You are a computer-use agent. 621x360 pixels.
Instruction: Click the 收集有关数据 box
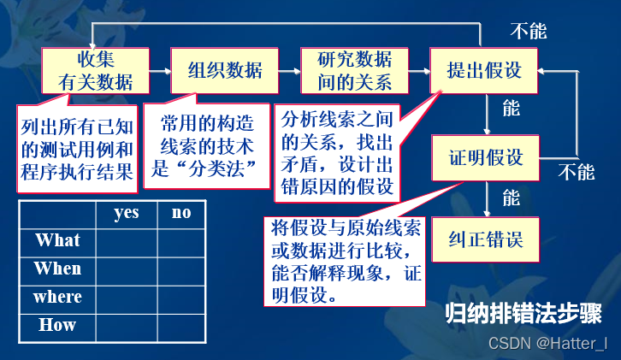coord(94,70)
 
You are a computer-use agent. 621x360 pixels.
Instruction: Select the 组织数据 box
coord(225,70)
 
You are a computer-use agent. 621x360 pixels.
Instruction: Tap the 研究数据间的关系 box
coord(354,70)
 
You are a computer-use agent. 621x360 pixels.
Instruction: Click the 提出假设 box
coord(484,70)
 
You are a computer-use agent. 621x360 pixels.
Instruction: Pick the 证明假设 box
coord(484,159)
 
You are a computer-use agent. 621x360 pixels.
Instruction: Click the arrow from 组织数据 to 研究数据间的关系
coord(290,70)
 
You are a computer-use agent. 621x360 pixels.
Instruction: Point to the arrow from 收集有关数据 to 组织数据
coord(159,70)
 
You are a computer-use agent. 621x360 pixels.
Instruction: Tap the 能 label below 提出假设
coord(511,109)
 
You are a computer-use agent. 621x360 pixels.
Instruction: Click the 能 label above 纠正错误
coord(511,198)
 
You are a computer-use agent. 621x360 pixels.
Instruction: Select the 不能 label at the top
coord(528,32)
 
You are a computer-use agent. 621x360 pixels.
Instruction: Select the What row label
coord(57,240)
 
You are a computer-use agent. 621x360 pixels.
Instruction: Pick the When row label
coord(57,269)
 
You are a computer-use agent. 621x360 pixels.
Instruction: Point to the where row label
coord(57,297)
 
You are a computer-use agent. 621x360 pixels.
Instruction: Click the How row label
coord(57,325)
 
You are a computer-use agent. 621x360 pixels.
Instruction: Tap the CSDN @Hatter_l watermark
coord(547,344)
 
